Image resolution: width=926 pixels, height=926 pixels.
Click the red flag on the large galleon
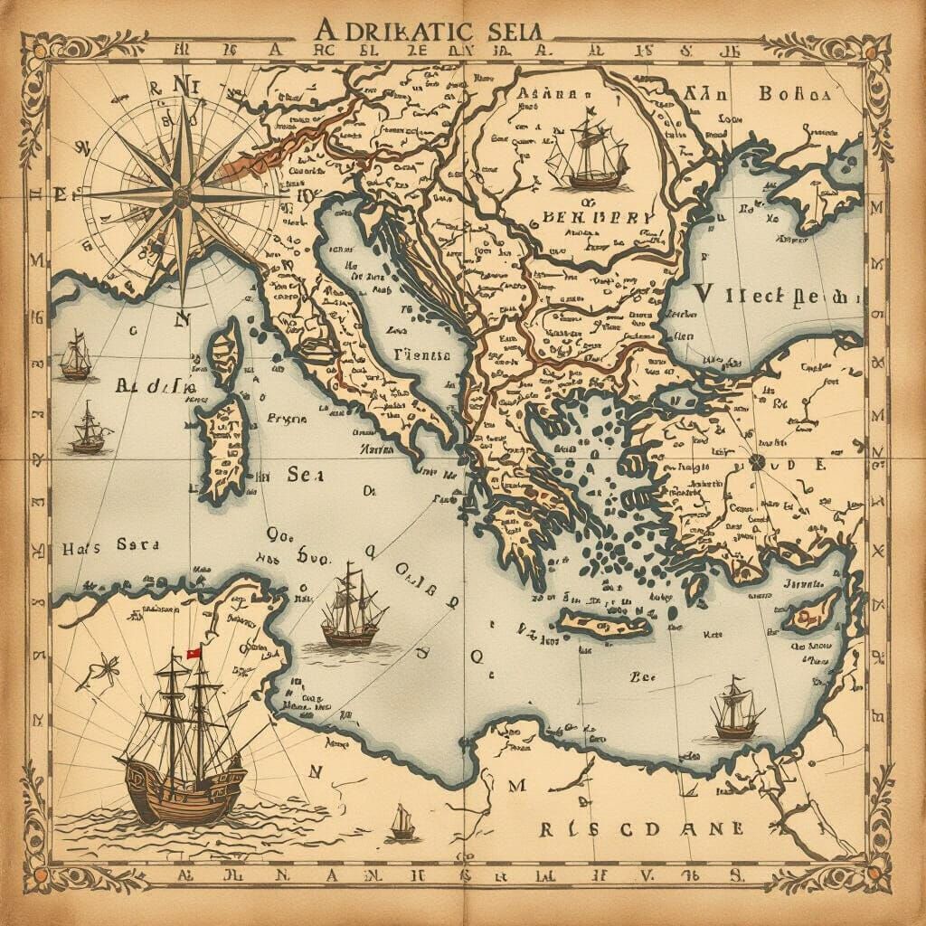[193, 653]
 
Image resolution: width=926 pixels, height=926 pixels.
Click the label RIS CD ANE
[643, 829]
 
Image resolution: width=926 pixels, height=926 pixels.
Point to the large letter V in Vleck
[710, 295]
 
